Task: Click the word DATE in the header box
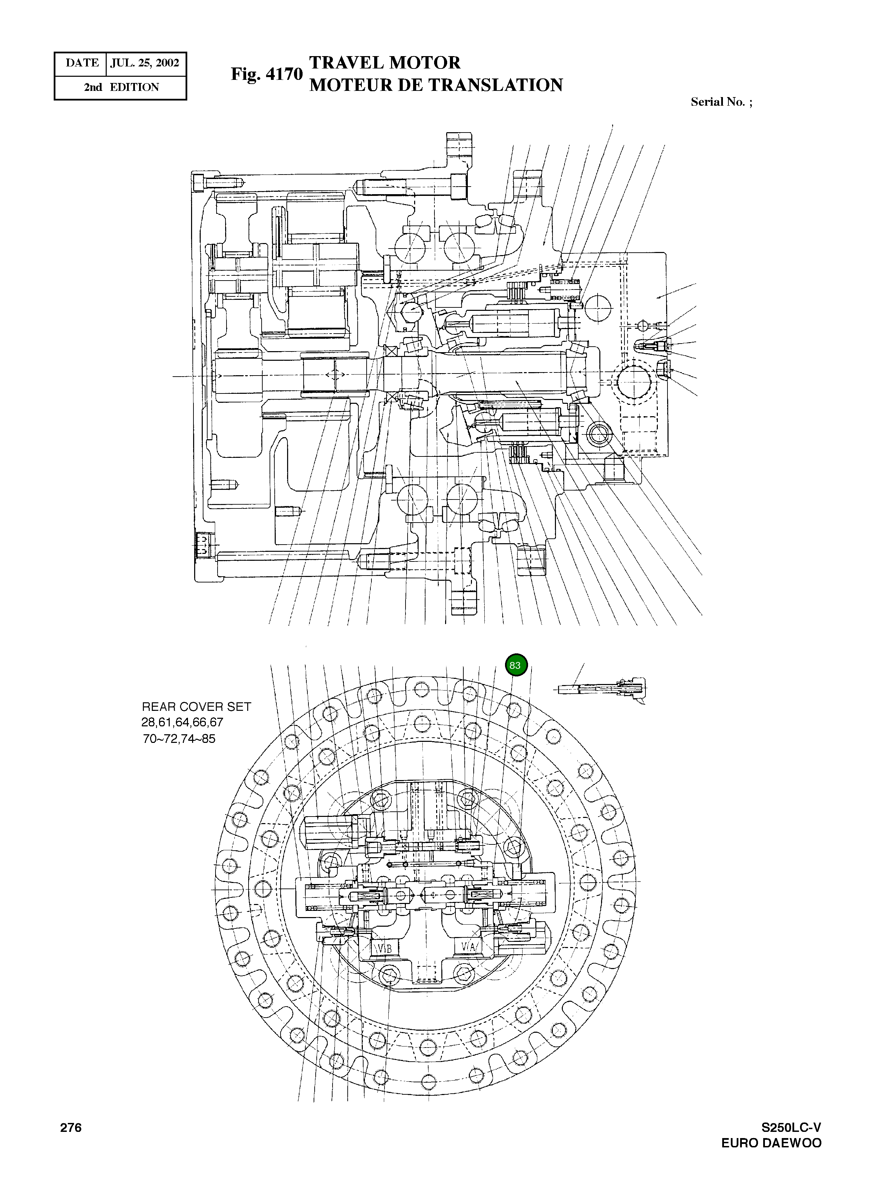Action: pos(82,63)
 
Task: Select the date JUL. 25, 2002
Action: pos(145,63)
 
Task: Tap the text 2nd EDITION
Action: pos(121,87)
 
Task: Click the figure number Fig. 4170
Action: pos(266,75)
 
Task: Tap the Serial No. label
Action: pos(721,102)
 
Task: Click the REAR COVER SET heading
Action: pos(196,707)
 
